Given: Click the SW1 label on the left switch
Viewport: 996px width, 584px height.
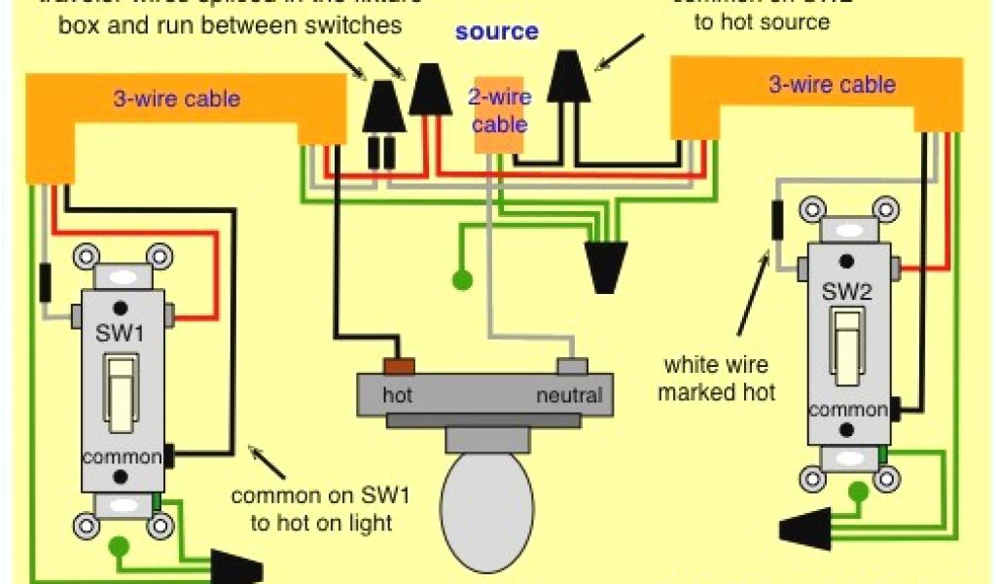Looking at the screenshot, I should click(x=121, y=334).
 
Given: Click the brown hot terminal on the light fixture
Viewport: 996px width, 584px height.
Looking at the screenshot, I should click(x=399, y=366).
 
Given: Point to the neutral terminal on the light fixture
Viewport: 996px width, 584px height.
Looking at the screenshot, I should click(x=572, y=366).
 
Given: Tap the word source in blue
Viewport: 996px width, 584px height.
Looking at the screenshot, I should click(x=496, y=31).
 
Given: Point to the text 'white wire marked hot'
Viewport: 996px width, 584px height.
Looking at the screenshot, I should click(x=717, y=379).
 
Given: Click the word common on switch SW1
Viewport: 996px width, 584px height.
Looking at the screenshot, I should click(x=121, y=456).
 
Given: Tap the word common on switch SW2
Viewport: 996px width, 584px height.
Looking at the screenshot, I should click(x=847, y=410).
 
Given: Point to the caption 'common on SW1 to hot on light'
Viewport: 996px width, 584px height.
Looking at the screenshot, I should click(x=320, y=509).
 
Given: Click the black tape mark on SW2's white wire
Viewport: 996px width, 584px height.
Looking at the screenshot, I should click(x=778, y=219).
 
